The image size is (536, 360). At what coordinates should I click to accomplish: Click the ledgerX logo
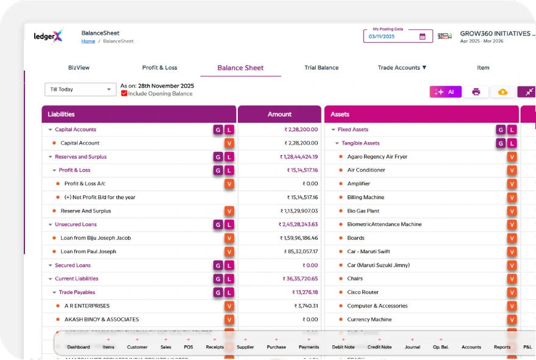point(48,37)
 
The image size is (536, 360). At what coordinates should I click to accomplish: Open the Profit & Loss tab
point(159,68)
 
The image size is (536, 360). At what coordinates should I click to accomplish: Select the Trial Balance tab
point(321,68)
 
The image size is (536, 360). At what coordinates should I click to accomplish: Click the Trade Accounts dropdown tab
point(402,68)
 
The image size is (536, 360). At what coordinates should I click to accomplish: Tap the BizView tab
point(79,68)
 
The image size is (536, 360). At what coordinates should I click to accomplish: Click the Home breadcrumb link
point(88,41)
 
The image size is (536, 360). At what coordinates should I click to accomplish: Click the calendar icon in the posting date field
point(423,37)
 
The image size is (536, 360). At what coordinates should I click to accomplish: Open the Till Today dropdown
point(80,90)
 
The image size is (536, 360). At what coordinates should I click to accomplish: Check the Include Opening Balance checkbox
point(124,94)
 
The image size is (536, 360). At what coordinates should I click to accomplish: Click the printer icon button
point(476,92)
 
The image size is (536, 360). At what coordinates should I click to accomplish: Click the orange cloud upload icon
point(502,92)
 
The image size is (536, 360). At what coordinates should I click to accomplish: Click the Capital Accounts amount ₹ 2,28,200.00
point(301,129)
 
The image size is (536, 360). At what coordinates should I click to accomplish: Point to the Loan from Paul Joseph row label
point(88,251)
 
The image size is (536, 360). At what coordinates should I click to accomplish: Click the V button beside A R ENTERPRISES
point(229,306)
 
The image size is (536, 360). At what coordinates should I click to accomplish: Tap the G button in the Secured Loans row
point(218,265)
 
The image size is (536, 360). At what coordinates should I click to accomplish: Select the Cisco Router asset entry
point(363,292)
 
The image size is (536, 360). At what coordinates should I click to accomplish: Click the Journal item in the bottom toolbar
point(412,347)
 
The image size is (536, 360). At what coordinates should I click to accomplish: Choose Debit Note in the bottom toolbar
point(343,347)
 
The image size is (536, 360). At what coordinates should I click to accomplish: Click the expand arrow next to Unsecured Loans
point(50,225)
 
